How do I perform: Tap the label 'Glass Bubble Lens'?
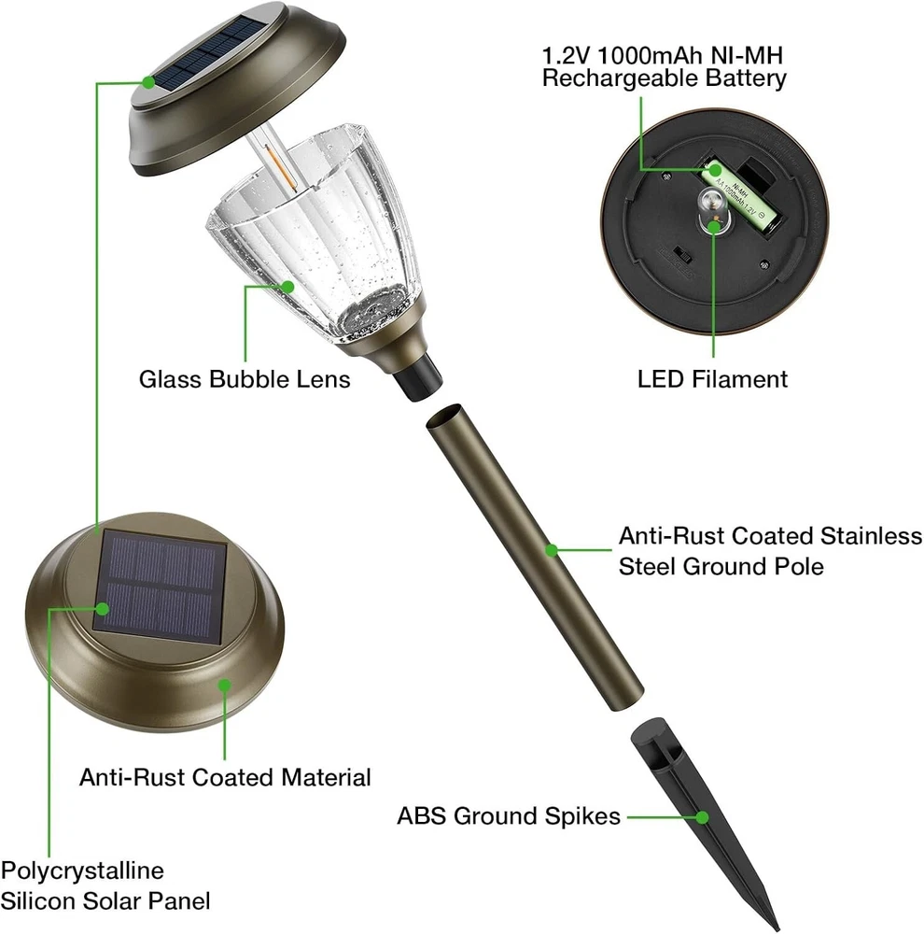click(x=245, y=379)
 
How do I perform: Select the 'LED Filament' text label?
click(x=713, y=379)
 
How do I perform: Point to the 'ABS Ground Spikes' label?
click(x=509, y=816)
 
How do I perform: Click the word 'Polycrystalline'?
click(x=82, y=870)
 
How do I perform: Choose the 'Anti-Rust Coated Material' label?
click(x=225, y=777)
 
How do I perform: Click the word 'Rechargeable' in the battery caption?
click(x=620, y=78)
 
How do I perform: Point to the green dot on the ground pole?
click(x=552, y=550)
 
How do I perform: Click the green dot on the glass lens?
click(x=288, y=287)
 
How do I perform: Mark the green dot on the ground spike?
click(x=703, y=817)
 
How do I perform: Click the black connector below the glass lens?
click(x=418, y=376)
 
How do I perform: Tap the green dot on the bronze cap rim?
click(x=224, y=686)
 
